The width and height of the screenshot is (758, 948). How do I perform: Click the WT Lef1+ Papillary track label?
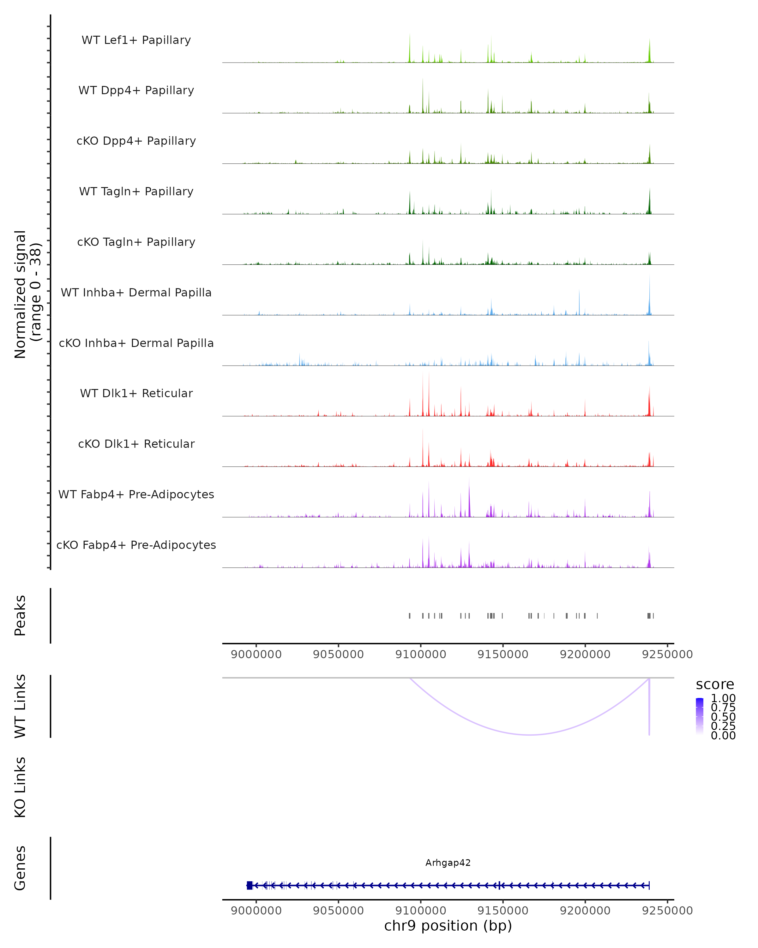(136, 40)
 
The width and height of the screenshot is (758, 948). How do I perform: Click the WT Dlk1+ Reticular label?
(136, 393)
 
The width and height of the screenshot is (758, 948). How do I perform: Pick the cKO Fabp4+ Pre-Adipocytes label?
(136, 545)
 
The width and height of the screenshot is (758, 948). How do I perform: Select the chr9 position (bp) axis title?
(448, 926)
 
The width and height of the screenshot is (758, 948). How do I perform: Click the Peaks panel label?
(20, 616)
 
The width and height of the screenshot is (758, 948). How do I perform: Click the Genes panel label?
(20, 868)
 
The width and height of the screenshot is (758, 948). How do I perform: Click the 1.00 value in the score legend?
(723, 698)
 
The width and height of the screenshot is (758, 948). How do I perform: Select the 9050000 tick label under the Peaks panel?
(338, 654)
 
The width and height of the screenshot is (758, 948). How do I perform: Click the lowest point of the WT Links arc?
(530, 734)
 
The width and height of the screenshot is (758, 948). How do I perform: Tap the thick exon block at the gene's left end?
(250, 885)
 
